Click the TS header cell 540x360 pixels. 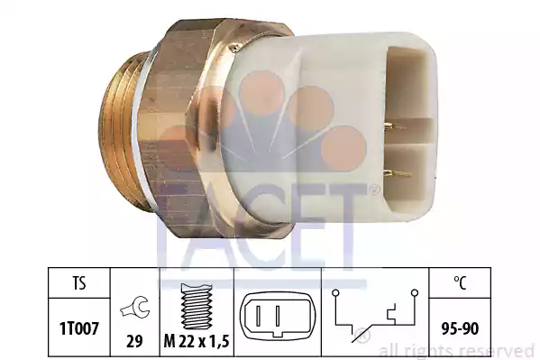[x=78, y=283]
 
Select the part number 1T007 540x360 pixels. [x=79, y=328]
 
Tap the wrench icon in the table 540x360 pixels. [x=135, y=308]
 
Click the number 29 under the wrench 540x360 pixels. [x=134, y=341]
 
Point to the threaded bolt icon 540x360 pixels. [x=197, y=306]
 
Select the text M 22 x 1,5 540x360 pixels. [x=197, y=341]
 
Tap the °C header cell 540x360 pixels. [x=460, y=283]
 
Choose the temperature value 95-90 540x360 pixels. [x=460, y=328]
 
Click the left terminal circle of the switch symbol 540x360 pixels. [x=335, y=293]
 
